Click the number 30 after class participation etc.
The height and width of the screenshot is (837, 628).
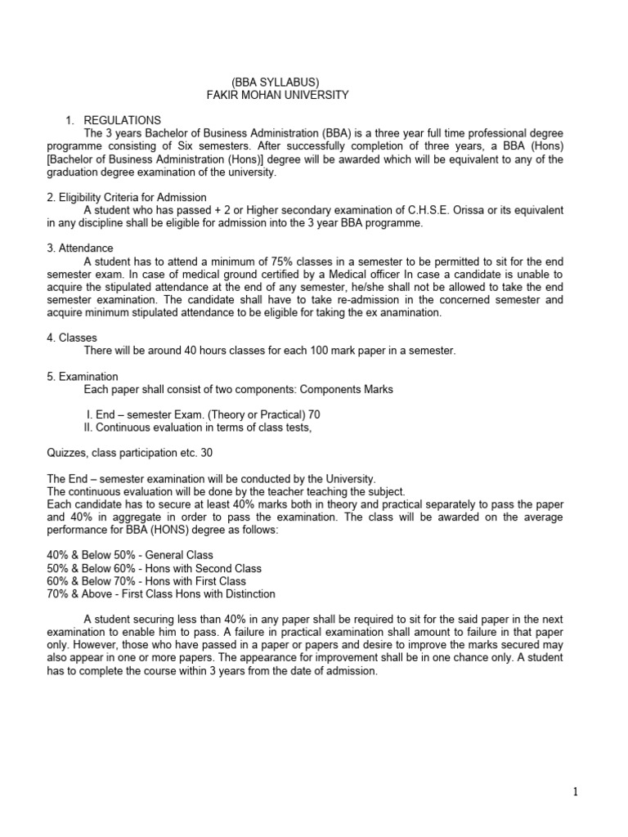point(201,453)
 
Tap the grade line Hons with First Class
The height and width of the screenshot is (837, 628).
point(124,581)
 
